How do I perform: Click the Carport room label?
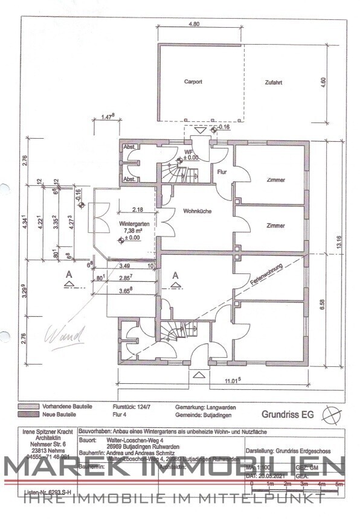[193, 81]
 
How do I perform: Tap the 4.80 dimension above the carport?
[194, 25]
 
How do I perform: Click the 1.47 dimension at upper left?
[108, 116]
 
